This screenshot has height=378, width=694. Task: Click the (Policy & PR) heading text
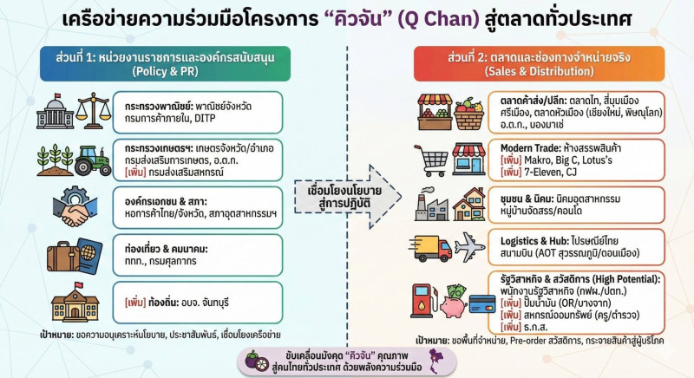coord(160,72)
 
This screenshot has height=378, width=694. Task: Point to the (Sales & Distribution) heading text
coord(534,72)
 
